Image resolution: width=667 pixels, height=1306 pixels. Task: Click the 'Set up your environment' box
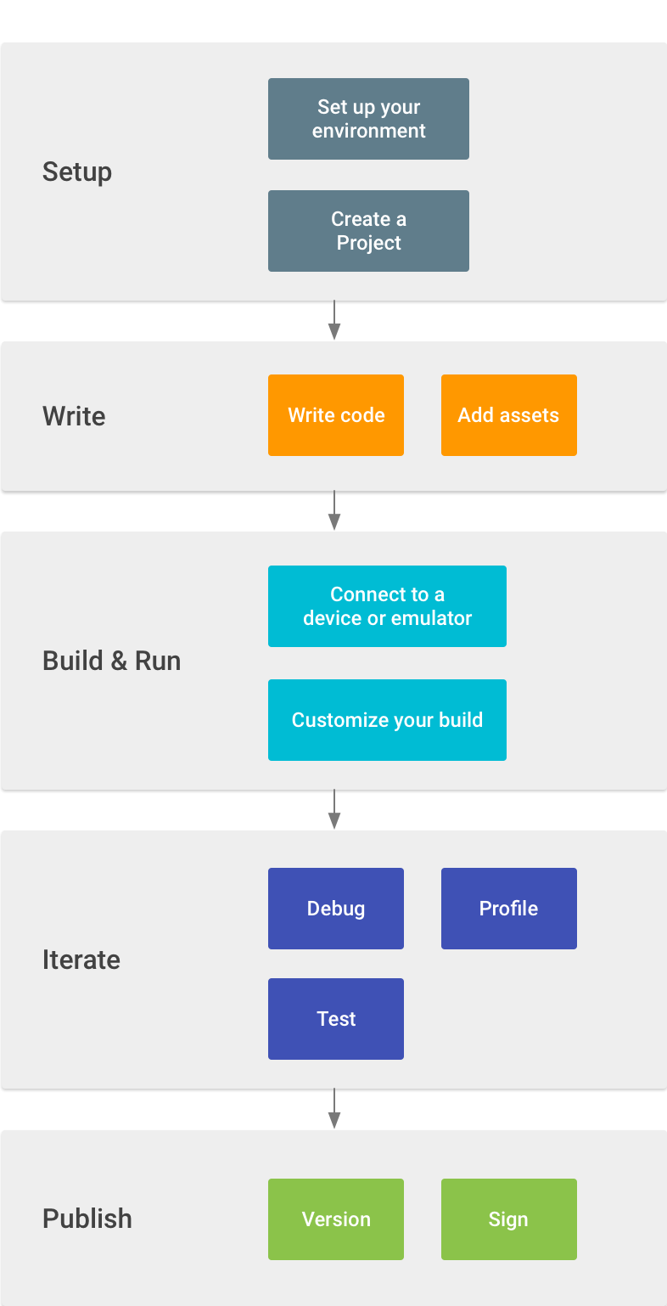click(x=368, y=119)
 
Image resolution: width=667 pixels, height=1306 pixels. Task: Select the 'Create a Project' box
click(x=368, y=231)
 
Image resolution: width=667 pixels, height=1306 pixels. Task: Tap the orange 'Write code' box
click(x=336, y=415)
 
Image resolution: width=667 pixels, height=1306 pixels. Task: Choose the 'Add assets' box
click(x=508, y=415)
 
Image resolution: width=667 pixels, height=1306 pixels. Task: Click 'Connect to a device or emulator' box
click(x=387, y=606)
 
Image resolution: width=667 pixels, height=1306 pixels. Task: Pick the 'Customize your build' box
click(x=387, y=720)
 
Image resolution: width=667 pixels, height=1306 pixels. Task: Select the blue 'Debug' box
click(x=336, y=909)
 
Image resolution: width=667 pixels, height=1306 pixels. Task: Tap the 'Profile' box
click(x=508, y=909)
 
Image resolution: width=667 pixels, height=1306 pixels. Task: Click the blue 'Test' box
click(x=336, y=1019)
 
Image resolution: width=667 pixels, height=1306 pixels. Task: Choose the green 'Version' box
click(x=336, y=1219)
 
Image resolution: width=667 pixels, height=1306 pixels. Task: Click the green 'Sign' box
click(x=508, y=1219)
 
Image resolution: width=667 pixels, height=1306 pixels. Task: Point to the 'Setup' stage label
click(x=77, y=172)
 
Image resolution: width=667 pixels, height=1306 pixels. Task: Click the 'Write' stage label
click(x=74, y=416)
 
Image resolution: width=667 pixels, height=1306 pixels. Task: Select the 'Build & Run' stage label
click(x=111, y=661)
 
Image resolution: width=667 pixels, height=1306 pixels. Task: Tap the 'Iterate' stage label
click(x=81, y=960)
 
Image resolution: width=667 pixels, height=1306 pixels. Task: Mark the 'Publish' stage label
click(x=87, y=1219)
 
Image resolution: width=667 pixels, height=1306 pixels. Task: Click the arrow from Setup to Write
click(x=334, y=320)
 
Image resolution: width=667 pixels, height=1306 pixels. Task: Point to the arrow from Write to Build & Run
click(x=334, y=510)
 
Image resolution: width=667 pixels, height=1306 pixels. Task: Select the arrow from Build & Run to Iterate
click(x=334, y=809)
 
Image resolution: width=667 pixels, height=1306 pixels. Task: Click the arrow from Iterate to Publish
click(x=334, y=1108)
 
